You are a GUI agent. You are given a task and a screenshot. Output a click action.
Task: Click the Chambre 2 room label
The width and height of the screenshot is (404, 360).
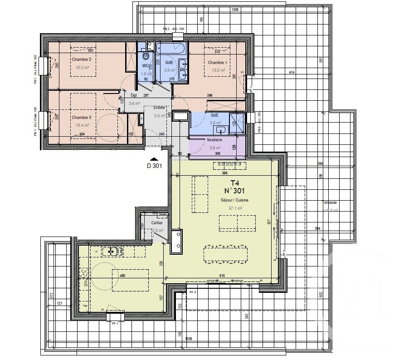82,59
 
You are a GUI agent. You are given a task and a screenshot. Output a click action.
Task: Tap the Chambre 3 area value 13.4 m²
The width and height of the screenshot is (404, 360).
82,125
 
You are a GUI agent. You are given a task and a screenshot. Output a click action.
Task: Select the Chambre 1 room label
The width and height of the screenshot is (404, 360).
217,62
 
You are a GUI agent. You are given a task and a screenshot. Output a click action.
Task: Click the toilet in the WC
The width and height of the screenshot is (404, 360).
146,56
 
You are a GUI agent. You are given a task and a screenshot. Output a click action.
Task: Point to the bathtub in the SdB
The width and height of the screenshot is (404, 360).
170,48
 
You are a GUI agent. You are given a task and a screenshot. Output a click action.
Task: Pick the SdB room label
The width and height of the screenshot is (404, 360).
169,63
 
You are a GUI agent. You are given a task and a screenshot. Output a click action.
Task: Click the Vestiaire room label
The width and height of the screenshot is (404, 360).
214,140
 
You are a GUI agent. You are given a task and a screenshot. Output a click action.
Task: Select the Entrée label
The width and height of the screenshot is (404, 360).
159,108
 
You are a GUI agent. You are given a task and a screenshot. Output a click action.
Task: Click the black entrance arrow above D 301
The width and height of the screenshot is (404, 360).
154,159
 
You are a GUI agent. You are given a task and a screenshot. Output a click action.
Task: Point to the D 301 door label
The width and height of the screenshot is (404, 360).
154,166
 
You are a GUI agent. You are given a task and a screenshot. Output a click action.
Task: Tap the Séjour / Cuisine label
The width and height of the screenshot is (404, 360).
234,200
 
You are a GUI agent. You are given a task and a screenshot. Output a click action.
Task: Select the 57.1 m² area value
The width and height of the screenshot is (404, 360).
235,208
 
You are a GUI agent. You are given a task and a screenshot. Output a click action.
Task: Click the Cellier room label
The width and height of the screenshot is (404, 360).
156,223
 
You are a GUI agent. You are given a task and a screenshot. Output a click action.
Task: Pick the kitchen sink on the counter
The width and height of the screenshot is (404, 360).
112,251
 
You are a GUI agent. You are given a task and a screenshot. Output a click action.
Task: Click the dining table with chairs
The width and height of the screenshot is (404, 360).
225,254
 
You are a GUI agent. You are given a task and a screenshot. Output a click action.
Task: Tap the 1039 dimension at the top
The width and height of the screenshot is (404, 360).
235,10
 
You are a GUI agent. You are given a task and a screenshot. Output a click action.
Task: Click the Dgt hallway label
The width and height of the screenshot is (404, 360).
134,95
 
